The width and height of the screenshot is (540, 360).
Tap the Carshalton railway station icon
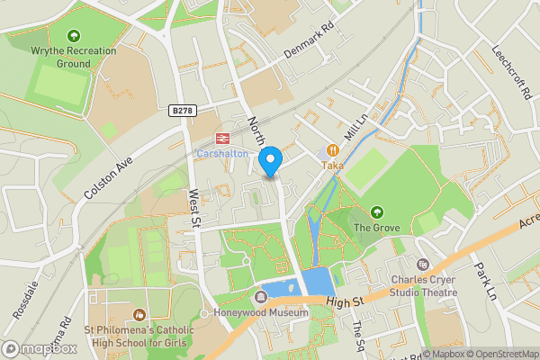[220, 139]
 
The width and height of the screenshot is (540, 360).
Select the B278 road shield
[182, 110]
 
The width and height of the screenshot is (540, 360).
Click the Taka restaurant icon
[332, 150]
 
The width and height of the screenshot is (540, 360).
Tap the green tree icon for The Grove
[376, 212]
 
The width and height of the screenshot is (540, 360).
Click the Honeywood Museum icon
[262, 296]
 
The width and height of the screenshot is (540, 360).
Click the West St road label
[193, 209]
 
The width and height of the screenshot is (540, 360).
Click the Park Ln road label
[486, 284]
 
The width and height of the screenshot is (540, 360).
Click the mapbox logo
[38, 348]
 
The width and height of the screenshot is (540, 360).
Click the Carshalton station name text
[222, 154]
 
